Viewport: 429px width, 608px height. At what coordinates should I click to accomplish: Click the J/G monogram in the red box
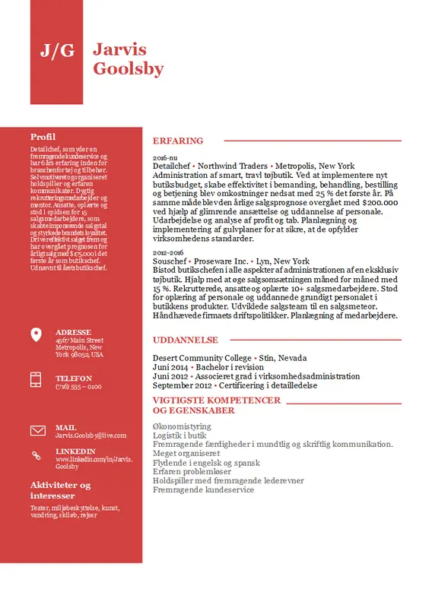coord(57,51)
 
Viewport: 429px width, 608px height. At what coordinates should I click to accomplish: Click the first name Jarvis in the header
coord(119,49)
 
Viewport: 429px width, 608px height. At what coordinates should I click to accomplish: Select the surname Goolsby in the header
coord(128,69)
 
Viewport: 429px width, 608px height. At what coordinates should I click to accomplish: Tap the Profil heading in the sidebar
coord(43,137)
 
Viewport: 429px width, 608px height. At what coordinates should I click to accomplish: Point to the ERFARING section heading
coord(178,141)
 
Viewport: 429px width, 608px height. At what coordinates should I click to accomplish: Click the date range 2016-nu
coord(164,157)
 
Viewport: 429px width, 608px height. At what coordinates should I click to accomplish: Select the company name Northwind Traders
coord(232,166)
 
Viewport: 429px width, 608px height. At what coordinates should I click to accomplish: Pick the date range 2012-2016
coord(168,252)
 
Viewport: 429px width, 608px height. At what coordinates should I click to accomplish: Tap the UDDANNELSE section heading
coord(186,340)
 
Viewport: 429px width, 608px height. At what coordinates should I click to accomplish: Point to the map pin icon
coord(36,335)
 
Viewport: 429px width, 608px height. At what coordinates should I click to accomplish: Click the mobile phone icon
coord(36,379)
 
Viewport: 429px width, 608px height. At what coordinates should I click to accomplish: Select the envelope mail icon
coord(37,431)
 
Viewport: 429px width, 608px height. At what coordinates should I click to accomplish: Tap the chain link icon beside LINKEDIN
coord(36,454)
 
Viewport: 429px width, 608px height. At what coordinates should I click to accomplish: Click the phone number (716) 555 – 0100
coord(78,387)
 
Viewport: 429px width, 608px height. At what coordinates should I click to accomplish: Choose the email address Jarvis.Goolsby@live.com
coord(91,435)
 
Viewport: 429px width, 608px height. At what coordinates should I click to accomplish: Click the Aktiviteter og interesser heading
coord(60,490)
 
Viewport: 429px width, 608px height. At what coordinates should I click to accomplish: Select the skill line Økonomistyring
coord(181,427)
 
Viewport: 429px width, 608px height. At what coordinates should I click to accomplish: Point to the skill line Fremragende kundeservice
coord(203,490)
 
